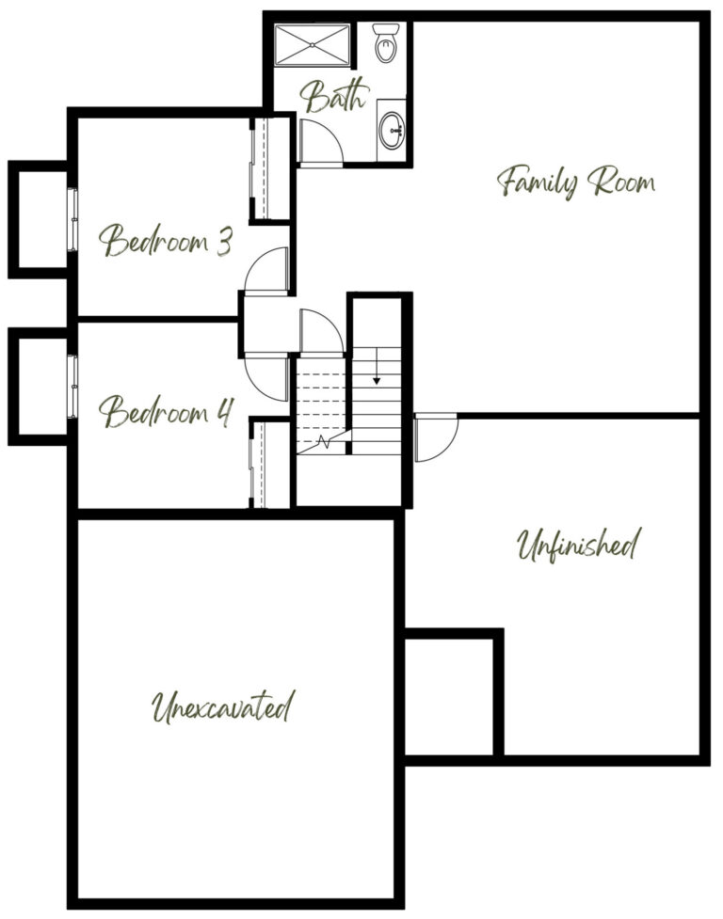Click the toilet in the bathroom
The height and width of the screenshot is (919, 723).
(x=385, y=42)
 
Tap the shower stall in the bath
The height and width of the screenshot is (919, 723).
(x=313, y=44)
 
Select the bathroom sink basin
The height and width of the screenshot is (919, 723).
(x=391, y=131)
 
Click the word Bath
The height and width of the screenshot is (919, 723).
(x=335, y=96)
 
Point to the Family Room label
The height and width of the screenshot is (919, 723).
(x=576, y=182)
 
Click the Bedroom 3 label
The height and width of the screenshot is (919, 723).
(x=166, y=240)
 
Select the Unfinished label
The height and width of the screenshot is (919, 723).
(x=578, y=545)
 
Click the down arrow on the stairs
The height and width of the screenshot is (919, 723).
(x=377, y=366)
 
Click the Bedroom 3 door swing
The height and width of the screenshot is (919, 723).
(x=267, y=270)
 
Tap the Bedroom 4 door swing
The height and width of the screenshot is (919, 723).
(x=267, y=378)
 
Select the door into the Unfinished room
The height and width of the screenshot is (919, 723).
(x=436, y=437)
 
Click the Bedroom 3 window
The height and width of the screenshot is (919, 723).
(x=72, y=220)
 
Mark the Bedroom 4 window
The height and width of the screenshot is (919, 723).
(x=72, y=387)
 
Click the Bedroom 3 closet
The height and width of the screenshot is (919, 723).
(x=270, y=168)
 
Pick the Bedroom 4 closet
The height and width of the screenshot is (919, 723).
(x=270, y=464)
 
